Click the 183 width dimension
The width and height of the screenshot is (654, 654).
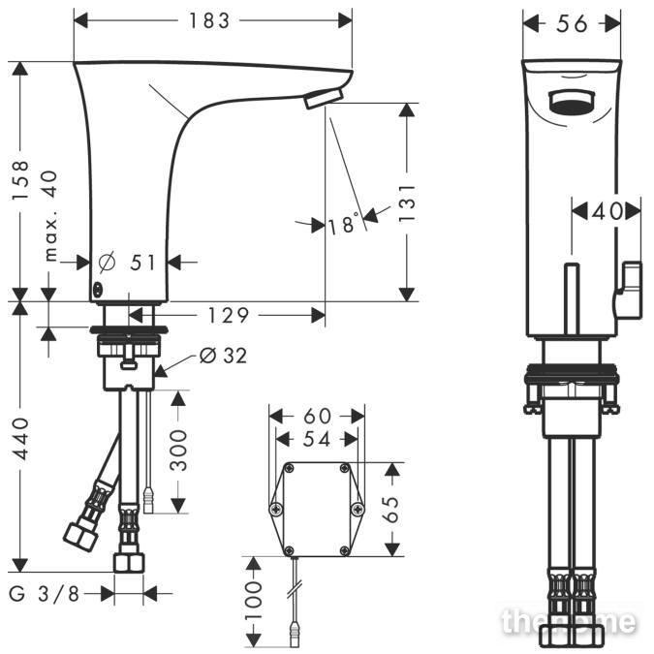point(209,20)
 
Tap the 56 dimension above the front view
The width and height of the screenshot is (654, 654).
point(572,24)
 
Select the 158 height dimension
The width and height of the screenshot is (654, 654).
point(20,179)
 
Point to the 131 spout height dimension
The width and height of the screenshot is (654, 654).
point(407,203)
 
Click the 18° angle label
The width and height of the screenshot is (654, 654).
point(343,223)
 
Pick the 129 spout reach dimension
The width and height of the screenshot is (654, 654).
point(228,315)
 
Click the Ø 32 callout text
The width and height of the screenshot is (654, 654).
point(223,356)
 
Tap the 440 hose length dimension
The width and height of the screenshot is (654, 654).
point(20,439)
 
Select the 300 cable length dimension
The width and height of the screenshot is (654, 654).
point(178,451)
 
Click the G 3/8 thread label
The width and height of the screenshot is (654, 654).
point(45,594)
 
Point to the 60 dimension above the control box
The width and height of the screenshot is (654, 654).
point(317,416)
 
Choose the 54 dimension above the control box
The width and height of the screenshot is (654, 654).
point(317,439)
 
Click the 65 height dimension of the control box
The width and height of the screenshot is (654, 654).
point(392,510)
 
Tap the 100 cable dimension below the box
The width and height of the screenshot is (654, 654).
point(253,601)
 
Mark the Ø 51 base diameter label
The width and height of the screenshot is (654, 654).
point(127,263)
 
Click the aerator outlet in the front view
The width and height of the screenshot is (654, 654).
point(571,102)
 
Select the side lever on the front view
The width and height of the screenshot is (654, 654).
point(628,291)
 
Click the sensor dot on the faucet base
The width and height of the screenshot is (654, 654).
point(97,290)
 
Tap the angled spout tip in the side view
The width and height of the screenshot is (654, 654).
point(324,99)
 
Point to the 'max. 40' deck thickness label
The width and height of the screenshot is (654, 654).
point(51,216)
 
